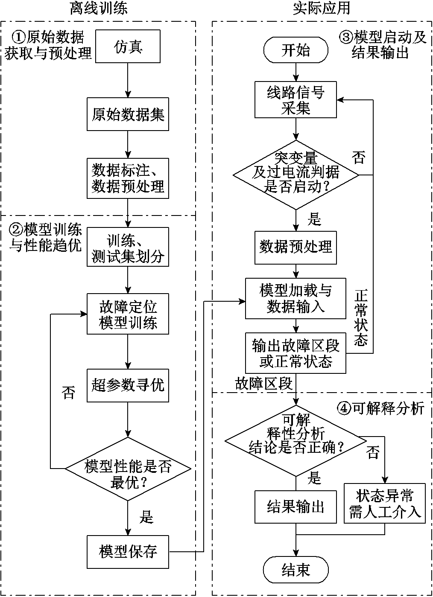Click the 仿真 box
pos(128,46)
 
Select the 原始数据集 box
pos(128,114)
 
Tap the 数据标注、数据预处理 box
pos(128,178)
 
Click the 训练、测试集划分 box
pos(128,248)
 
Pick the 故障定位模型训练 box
pos(128,314)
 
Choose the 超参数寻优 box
pos(128,385)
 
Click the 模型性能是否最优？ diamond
pos(128,469)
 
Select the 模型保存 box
pos(128,552)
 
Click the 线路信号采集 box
pos(296,100)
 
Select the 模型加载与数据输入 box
pos(296,298)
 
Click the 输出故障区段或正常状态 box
pos(296,353)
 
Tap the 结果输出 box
pos(296,507)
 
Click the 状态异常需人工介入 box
pos(385,504)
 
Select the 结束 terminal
pos(296,570)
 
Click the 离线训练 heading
pos(99,8)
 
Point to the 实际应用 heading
pos(322,8)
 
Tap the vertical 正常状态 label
pos(361,317)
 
